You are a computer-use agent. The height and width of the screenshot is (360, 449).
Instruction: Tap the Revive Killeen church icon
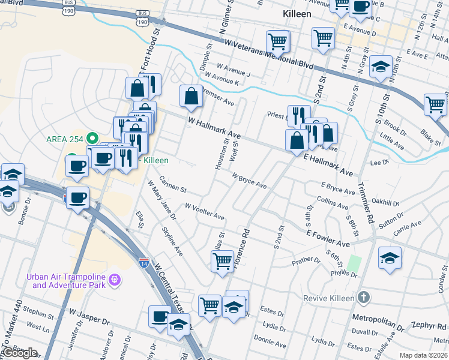coord(363,298)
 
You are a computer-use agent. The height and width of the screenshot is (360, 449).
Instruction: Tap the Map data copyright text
coord(424,355)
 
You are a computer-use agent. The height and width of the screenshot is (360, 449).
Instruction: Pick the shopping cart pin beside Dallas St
coord(222,261)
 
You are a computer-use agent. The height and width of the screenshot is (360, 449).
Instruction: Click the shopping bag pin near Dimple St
coord(191,96)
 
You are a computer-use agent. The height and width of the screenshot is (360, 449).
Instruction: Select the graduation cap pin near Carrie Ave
coord(390,258)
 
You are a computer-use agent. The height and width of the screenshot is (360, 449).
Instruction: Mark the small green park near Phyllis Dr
coord(355,263)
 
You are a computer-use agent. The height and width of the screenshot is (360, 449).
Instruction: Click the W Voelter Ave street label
coord(205,211)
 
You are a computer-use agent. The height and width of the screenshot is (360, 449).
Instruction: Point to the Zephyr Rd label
coord(427,324)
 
